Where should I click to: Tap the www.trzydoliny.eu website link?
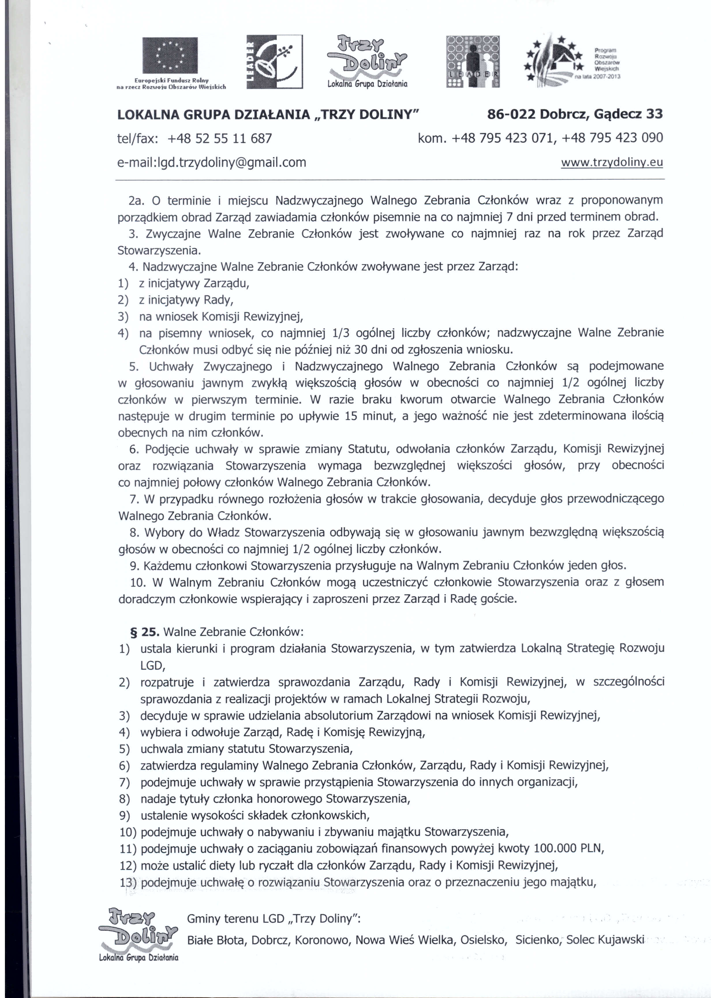click(612, 163)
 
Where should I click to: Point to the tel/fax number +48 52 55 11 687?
click(220, 138)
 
